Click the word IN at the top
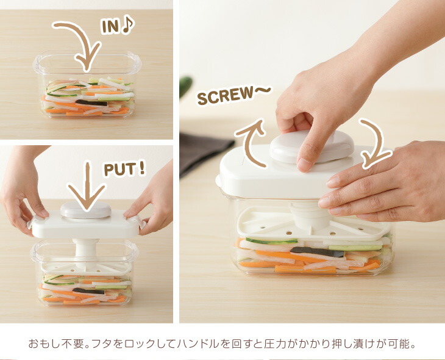point(110,27)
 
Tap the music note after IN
point(127,25)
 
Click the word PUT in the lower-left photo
point(119,170)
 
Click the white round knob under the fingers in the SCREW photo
point(311,146)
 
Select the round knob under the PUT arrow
point(86,210)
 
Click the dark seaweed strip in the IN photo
point(91,103)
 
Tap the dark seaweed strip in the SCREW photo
point(317,252)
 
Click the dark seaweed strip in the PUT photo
point(88,290)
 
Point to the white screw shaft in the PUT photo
point(85,253)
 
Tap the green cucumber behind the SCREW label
point(185,87)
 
